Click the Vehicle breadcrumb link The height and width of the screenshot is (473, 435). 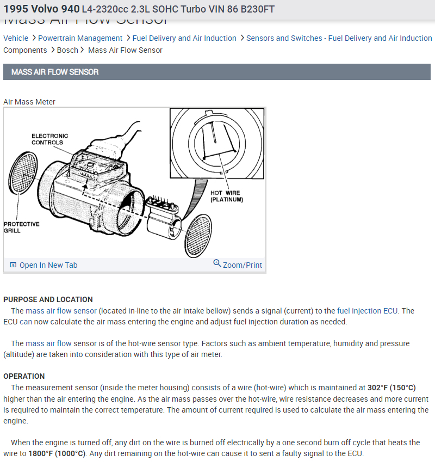point(16,38)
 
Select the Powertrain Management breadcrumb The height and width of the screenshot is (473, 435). point(80,38)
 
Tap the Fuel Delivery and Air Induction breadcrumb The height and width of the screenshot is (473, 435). point(184,38)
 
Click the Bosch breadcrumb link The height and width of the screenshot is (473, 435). point(67,50)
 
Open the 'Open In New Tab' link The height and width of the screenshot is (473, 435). point(48,265)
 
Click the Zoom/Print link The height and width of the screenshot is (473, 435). point(242,265)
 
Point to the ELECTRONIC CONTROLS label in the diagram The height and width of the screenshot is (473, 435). point(49,139)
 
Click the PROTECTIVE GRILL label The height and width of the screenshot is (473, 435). point(22,227)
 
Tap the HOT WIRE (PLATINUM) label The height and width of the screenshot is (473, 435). point(226,196)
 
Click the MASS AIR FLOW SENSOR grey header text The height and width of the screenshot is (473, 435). point(55,72)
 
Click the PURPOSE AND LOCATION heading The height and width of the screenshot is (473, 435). point(48,299)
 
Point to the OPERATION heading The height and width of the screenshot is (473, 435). point(24,376)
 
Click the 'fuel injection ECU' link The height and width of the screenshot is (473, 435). point(367,311)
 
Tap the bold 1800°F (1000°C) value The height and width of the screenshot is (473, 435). point(57,453)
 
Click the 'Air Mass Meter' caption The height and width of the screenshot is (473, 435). point(29,102)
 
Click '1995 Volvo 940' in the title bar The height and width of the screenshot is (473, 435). point(41,9)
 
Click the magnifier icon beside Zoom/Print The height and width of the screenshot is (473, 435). point(217,263)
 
